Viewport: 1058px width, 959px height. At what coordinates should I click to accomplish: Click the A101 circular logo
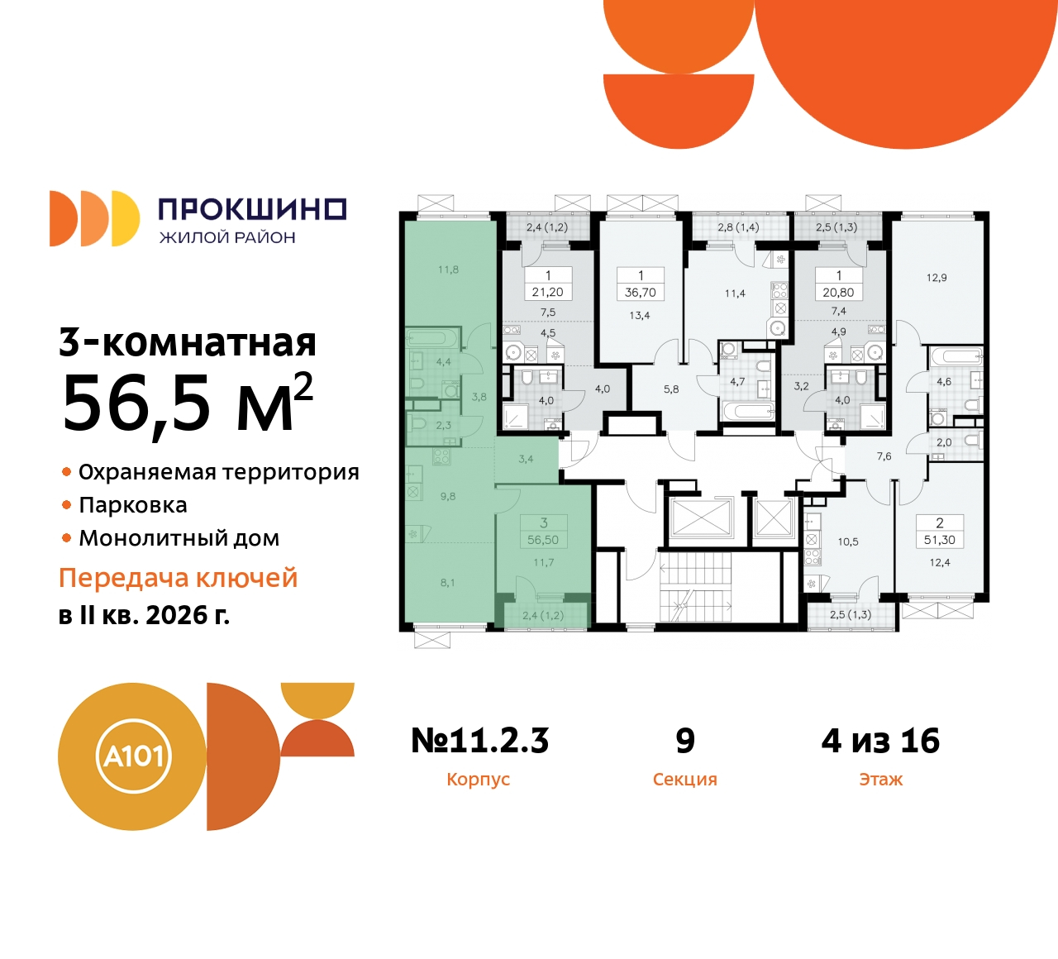[x=132, y=756]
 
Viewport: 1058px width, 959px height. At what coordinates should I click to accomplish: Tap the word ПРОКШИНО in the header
[x=252, y=209]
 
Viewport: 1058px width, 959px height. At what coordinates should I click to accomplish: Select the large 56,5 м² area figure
[x=188, y=404]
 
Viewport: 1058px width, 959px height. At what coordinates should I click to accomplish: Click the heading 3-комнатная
[x=188, y=342]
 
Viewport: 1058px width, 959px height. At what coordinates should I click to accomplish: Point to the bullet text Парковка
[x=133, y=505]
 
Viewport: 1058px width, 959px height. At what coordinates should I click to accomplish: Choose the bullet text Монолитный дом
[x=179, y=538]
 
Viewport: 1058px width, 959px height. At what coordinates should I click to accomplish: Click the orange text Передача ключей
[x=178, y=578]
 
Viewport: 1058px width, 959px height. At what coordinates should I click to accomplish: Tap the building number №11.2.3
[x=479, y=741]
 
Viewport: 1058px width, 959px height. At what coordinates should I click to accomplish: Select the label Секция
[x=684, y=780]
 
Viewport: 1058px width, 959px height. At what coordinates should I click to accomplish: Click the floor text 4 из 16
[x=880, y=741]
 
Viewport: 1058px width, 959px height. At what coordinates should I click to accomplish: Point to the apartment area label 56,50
[x=543, y=540]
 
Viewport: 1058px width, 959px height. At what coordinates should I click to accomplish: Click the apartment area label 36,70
[x=641, y=293]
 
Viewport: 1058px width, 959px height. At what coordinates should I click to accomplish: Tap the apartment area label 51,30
[x=940, y=540]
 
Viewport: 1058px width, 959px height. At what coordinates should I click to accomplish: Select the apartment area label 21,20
[x=548, y=293]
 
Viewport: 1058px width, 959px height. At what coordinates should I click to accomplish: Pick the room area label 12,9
[x=936, y=278]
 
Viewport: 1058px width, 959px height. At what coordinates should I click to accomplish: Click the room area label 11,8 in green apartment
[x=448, y=270]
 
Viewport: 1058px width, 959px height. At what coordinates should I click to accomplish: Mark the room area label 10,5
[x=848, y=542]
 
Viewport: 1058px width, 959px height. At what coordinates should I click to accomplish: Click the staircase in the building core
[x=695, y=587]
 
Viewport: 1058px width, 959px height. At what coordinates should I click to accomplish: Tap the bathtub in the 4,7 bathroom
[x=747, y=412]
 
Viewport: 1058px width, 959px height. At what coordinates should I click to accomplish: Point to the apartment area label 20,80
[x=838, y=293]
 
